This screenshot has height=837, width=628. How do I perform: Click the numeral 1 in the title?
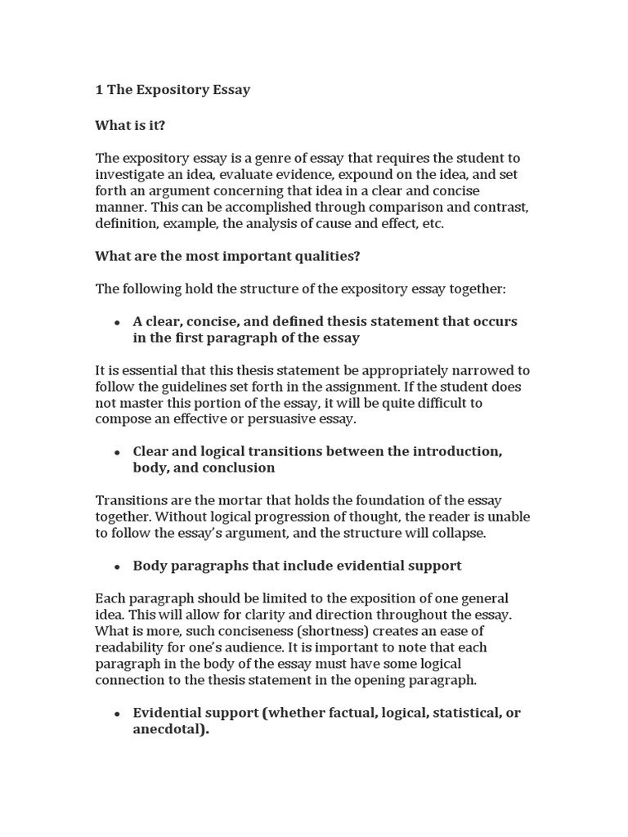click(100, 90)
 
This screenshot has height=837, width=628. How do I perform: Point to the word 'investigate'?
click(128, 174)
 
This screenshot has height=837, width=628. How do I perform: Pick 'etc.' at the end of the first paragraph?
click(432, 223)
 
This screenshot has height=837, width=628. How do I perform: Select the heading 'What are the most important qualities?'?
click(227, 256)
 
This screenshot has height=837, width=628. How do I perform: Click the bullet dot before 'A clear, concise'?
click(118, 322)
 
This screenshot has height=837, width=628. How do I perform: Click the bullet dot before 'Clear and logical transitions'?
click(118, 452)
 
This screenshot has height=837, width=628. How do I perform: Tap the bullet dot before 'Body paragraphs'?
click(118, 566)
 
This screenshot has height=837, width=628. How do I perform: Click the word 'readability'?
click(130, 647)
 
